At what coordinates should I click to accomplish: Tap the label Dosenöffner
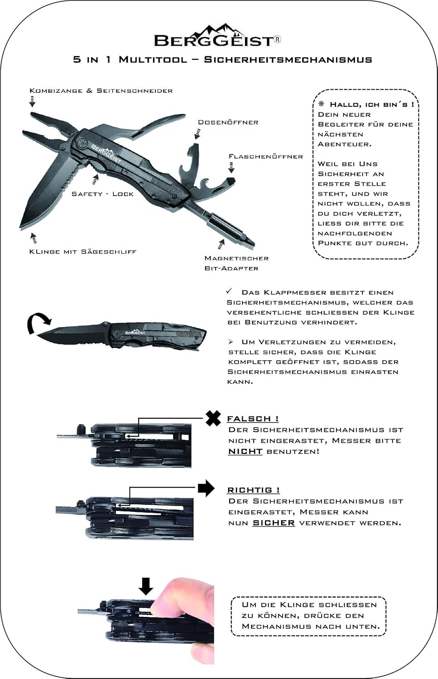228,122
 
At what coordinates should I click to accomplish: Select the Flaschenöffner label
265,157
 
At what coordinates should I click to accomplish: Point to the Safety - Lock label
102,194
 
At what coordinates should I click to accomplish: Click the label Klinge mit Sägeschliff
82,252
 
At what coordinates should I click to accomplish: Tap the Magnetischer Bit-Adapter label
236,263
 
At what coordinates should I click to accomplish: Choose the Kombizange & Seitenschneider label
101,91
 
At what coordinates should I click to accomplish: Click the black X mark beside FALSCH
213,418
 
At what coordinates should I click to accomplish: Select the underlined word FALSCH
249,419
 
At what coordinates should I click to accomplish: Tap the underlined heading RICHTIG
250,490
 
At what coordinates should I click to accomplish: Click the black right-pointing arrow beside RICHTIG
206,488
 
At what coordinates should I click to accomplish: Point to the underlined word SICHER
274,523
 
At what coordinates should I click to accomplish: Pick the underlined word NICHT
245,451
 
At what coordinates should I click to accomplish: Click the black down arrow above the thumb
145,586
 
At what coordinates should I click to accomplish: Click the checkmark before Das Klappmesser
229,291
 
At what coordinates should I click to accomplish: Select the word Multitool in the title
153,60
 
